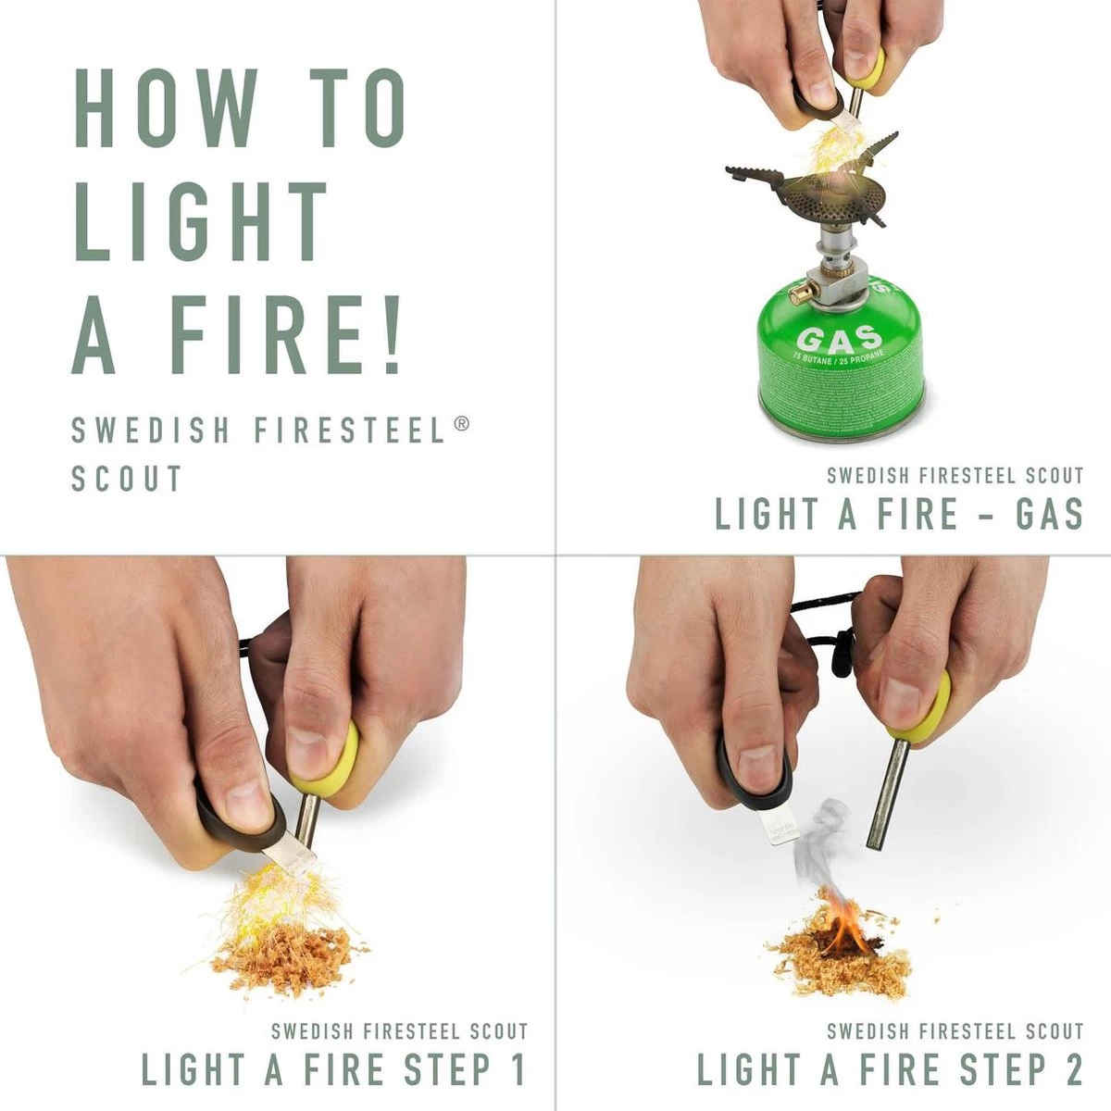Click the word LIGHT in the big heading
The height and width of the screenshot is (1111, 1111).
[201, 221]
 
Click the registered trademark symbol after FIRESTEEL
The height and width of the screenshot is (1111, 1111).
[462, 423]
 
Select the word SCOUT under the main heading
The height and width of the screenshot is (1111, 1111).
[127, 479]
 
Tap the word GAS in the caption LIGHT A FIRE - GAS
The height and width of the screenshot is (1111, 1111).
[1047, 514]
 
